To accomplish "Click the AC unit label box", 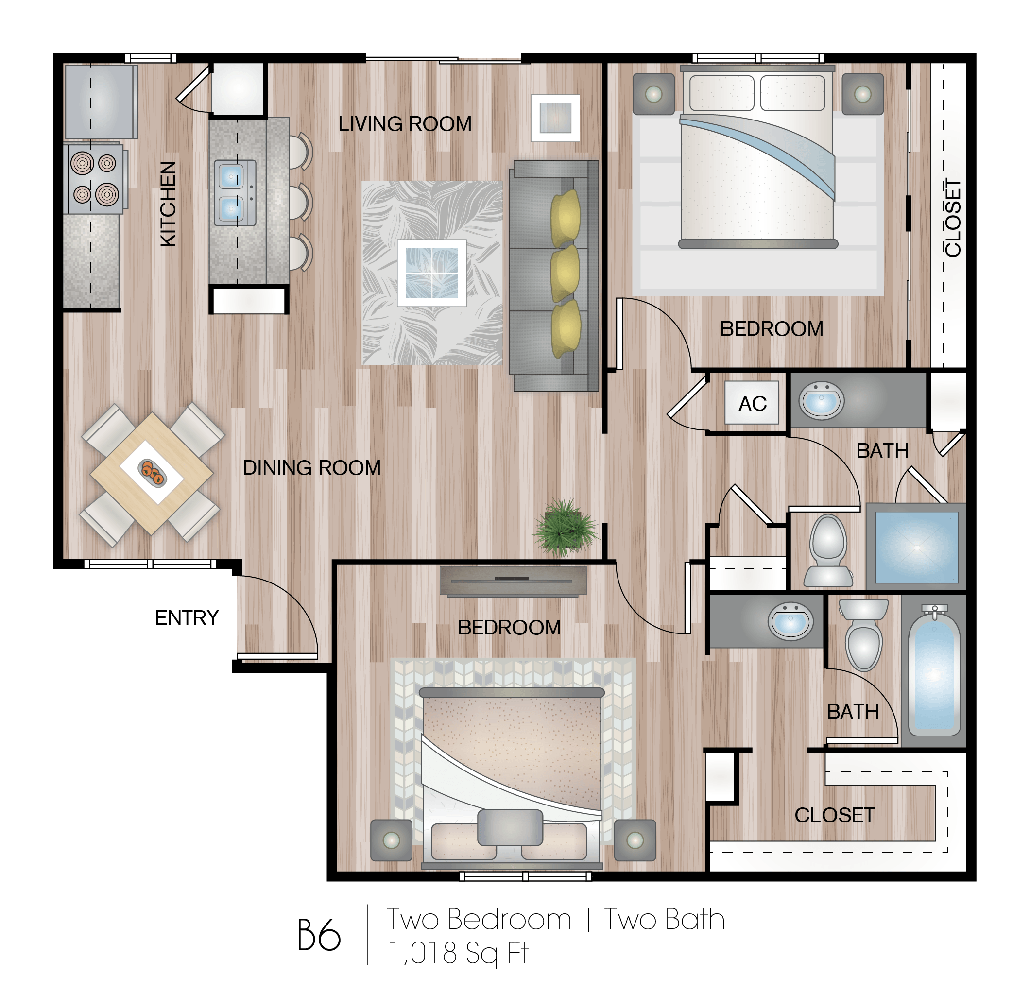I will pyautogui.click(x=752, y=403).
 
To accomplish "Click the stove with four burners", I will pyautogui.click(x=95, y=179).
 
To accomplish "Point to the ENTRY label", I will pyautogui.click(x=187, y=618).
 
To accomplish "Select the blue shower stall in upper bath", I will pyautogui.click(x=916, y=547).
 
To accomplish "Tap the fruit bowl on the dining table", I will pyautogui.click(x=153, y=471).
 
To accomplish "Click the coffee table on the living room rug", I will pyautogui.click(x=431, y=272).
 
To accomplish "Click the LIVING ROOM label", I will pyautogui.click(x=405, y=124).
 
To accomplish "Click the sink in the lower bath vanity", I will pyautogui.click(x=790, y=621).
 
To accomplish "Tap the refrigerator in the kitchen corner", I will pyautogui.click(x=101, y=101).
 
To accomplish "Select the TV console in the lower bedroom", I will pyautogui.click(x=513, y=581).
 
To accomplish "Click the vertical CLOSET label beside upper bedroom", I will pyautogui.click(x=953, y=218).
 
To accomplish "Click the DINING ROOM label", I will pyautogui.click(x=311, y=468).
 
